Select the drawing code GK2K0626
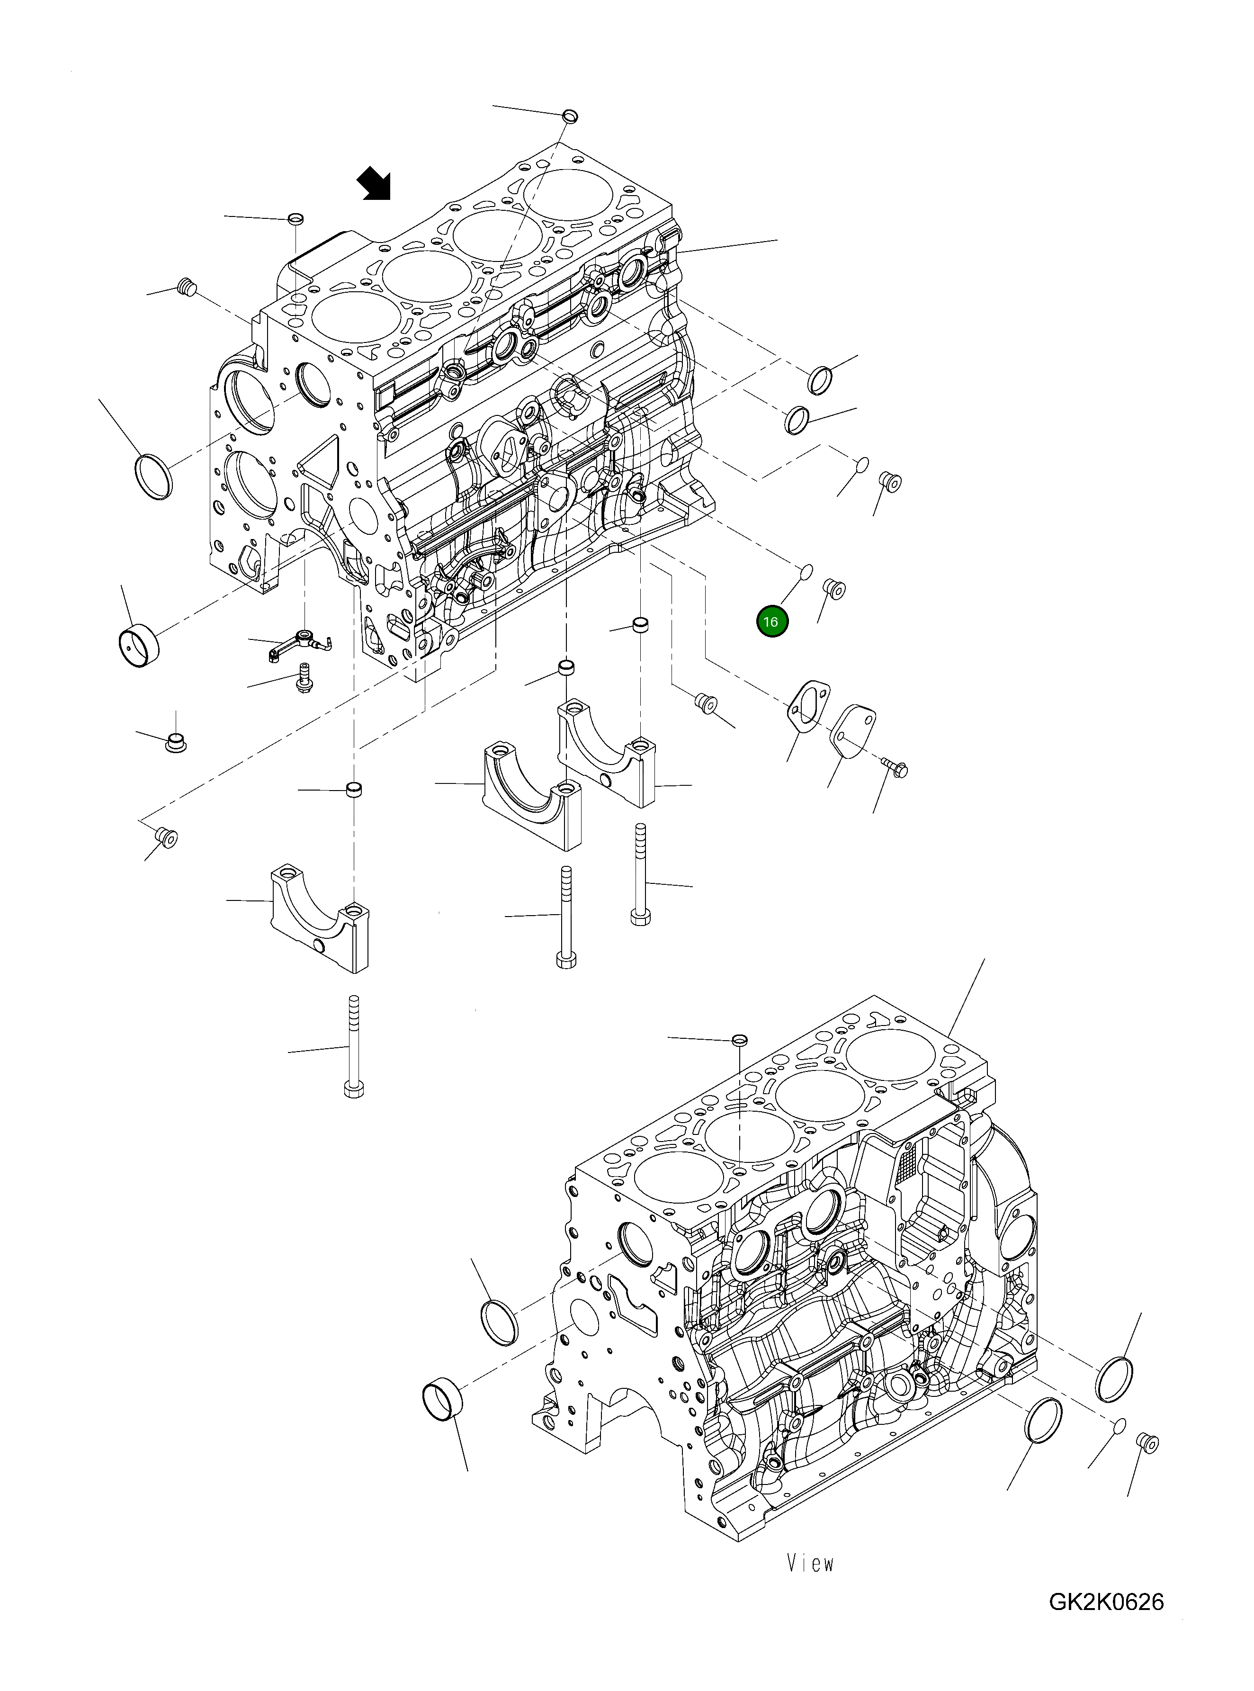coord(1106,1602)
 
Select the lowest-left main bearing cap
coord(320,920)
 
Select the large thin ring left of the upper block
coord(153,476)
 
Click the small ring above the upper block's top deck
coord(569,116)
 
